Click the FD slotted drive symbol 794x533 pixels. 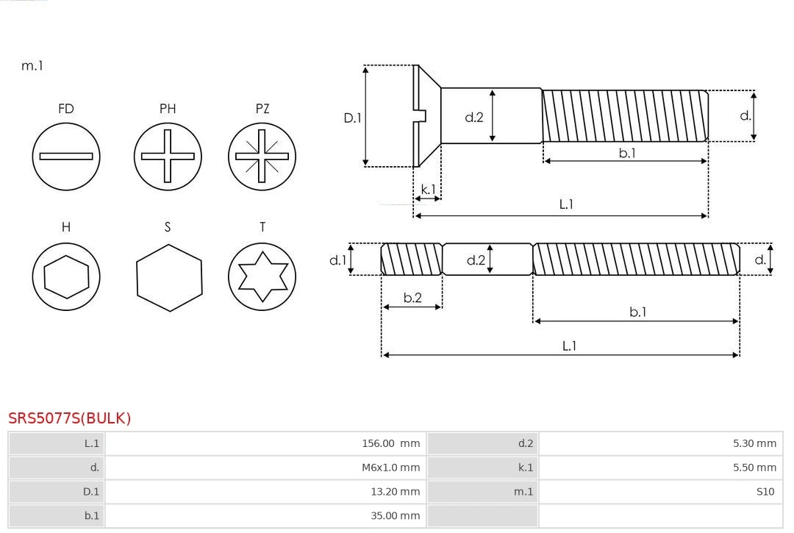(x=66, y=156)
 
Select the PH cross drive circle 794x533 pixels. (x=168, y=156)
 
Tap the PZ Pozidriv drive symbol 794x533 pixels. (x=262, y=156)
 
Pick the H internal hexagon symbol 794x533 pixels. (x=66, y=276)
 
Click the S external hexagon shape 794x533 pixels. (x=168, y=277)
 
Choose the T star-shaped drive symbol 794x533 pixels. (x=262, y=276)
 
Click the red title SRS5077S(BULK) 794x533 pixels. (x=70, y=418)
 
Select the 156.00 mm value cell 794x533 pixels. (x=390, y=443)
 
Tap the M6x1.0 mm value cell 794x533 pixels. (x=390, y=468)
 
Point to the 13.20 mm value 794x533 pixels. (x=395, y=492)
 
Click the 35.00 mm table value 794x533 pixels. (x=395, y=516)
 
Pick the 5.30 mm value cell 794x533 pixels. (x=754, y=443)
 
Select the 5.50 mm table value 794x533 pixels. (x=754, y=468)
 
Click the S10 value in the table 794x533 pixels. (x=765, y=492)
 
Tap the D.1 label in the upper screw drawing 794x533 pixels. (x=353, y=117)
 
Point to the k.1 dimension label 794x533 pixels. (x=428, y=189)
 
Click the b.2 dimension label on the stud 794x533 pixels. (x=412, y=298)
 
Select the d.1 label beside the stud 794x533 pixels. (x=337, y=260)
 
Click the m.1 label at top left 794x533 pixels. (x=32, y=65)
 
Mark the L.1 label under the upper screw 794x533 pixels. (x=566, y=204)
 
